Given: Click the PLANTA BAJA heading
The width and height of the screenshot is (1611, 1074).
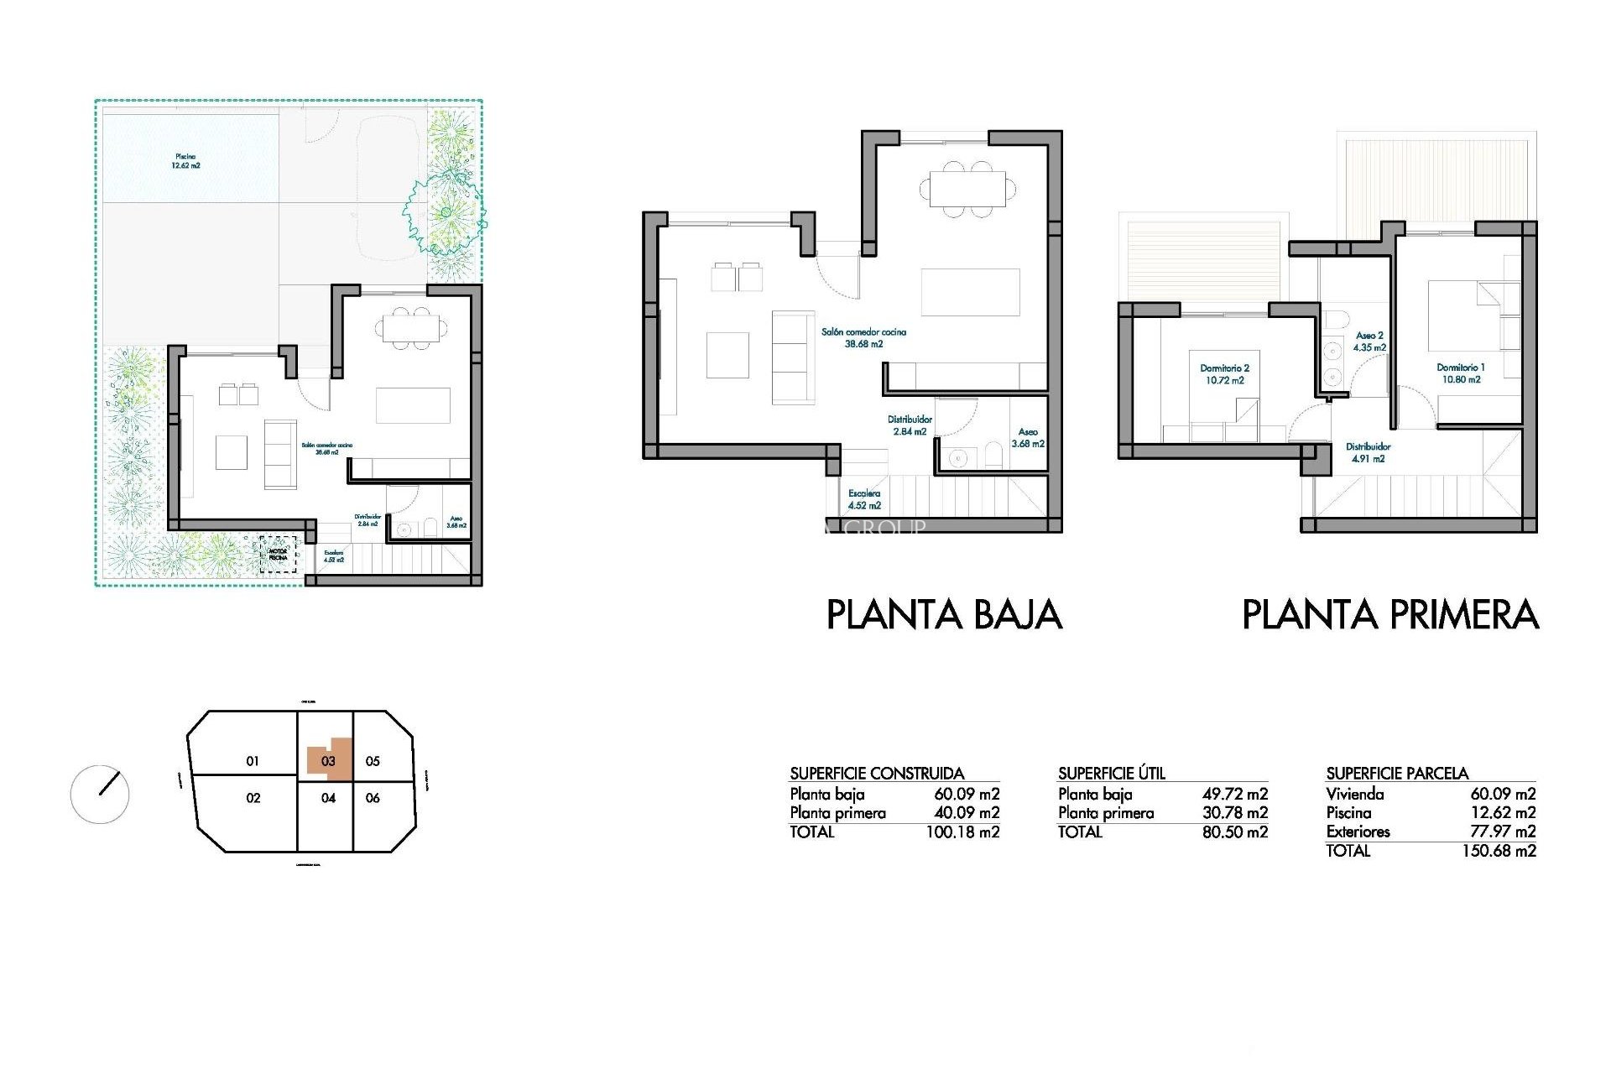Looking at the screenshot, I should coord(944,614).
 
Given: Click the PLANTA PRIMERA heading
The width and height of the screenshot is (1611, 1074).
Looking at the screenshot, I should coord(1389,614).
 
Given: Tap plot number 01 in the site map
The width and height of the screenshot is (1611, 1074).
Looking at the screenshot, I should coord(253,761).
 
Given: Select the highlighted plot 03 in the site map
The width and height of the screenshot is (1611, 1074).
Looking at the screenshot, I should coord(328,760).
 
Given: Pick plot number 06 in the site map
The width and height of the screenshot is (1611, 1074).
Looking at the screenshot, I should coord(373,798).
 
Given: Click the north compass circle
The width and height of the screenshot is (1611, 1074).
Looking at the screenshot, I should coord(100,794).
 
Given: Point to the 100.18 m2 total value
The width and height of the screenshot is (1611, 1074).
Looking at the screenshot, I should coord(962,832).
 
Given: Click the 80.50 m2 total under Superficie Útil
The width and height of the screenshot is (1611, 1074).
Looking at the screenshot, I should coord(1234,832).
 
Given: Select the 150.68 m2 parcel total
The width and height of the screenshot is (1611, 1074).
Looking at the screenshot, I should coord(1499,851).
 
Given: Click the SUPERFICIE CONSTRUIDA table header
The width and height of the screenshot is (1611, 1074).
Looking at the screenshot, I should coord(877,774).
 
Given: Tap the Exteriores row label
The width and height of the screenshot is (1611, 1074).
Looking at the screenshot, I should coord(1358,832).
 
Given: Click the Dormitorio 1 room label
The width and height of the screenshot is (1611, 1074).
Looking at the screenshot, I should coord(1461,373).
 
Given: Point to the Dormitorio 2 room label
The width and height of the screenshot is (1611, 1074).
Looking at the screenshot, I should coord(1225,374).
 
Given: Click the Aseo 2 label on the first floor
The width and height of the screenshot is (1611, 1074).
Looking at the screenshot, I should coord(1369,341).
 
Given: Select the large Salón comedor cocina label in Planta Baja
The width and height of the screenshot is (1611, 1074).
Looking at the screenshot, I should coord(863,337).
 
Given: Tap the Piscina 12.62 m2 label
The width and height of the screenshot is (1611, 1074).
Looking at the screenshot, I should coord(186,161).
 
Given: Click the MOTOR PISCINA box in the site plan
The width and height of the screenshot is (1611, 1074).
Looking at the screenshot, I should coord(278,555).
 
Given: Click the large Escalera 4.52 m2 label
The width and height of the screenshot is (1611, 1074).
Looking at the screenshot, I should coord(864,499).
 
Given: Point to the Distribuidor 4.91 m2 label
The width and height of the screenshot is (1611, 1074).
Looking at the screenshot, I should coord(1368,452).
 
